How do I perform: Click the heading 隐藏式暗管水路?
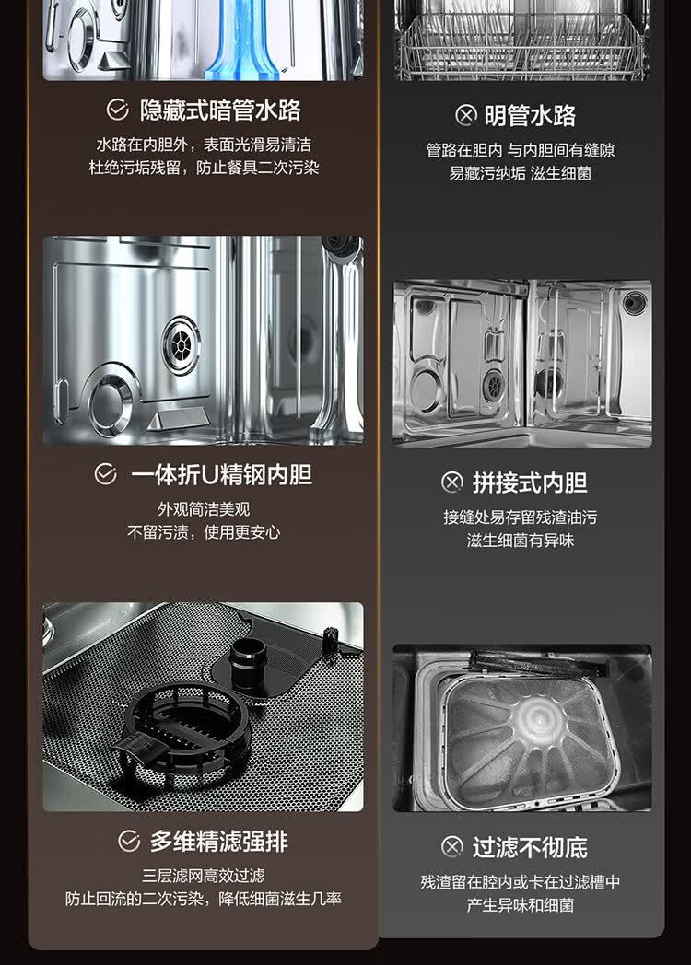pos(220,110)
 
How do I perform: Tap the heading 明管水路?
pos(531,116)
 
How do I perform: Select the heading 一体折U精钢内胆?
pos(222,475)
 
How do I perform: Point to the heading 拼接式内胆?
pos(530,483)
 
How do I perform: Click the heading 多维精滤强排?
pos(219,842)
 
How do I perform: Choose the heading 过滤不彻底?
pos(531,847)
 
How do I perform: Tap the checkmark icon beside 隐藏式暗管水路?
pos(117,110)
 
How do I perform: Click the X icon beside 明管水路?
pos(466,116)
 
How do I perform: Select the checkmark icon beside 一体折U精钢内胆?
pos(106,474)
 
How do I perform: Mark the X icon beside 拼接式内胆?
pos(452,482)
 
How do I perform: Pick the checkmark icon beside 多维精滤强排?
pos(129,842)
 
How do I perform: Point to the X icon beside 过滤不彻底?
pos(452,847)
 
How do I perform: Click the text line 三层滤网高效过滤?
pos(204,876)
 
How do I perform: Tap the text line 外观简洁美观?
pos(204,509)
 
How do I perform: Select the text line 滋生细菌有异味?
pos(521,541)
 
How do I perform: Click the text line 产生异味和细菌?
pos(521,905)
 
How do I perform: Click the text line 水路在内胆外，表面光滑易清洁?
pos(204,145)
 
